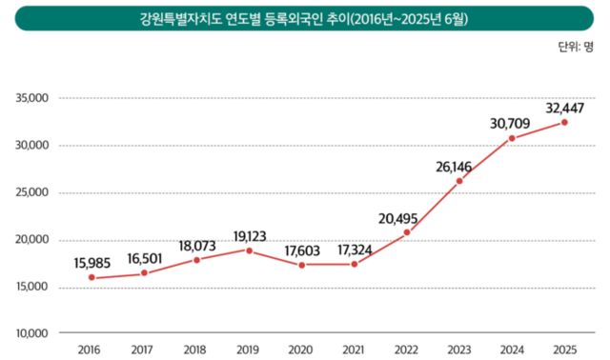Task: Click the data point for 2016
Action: pyautogui.click(x=91, y=278)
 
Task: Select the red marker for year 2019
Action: pyautogui.click(x=249, y=250)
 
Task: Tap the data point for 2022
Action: pyautogui.click(x=407, y=232)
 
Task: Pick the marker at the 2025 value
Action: pyautogui.click(x=564, y=122)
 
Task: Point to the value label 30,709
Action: pyautogui.click(x=511, y=123)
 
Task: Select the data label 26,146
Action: pyautogui.click(x=458, y=166)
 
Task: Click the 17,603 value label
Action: pyautogui.click(x=301, y=250)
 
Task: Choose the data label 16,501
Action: pyautogui.click(x=144, y=258)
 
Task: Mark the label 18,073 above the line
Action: pyautogui.click(x=196, y=244)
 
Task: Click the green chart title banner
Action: pyautogui.click(x=304, y=18)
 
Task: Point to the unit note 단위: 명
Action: pyautogui.click(x=575, y=46)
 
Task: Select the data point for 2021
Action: pyautogui.click(x=355, y=264)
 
